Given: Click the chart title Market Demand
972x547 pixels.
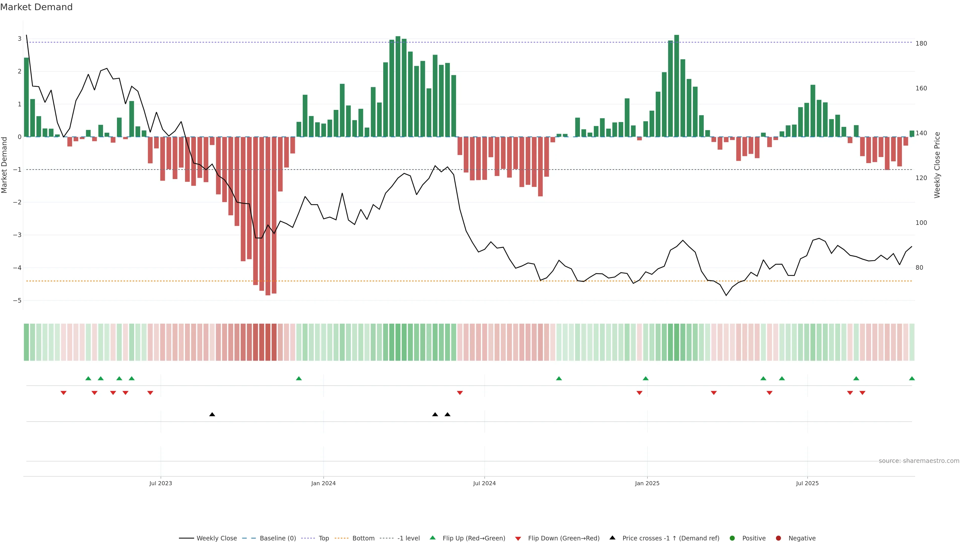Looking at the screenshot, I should tap(36, 7).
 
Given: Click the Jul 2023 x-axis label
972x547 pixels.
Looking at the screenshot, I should tap(160, 483).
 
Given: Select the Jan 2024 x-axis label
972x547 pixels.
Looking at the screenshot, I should tap(323, 483).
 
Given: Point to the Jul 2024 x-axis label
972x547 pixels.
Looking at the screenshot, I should tap(484, 483).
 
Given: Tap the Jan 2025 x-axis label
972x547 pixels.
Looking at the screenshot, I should tap(647, 483).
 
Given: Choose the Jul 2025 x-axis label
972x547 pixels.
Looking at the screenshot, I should tap(807, 483).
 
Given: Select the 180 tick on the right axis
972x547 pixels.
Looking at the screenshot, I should tap(921, 43).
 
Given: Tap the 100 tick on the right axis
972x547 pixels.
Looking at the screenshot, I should tap(921, 223).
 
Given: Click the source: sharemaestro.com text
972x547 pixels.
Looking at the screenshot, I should tap(919, 461).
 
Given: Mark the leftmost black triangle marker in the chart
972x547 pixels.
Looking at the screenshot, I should tap(212, 415).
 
